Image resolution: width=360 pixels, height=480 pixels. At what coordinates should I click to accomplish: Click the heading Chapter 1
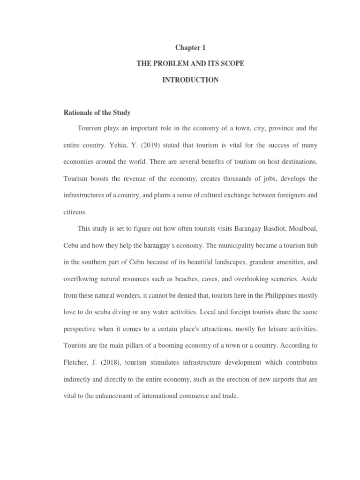[190, 47]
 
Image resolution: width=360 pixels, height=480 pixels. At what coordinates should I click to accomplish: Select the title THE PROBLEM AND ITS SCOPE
[190, 64]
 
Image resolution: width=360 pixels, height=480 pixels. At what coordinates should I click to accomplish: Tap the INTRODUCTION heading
[190, 80]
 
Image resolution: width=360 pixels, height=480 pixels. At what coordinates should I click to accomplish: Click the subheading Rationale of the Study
[97, 112]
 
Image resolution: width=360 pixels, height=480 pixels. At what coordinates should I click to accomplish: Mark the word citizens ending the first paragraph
[75, 212]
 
